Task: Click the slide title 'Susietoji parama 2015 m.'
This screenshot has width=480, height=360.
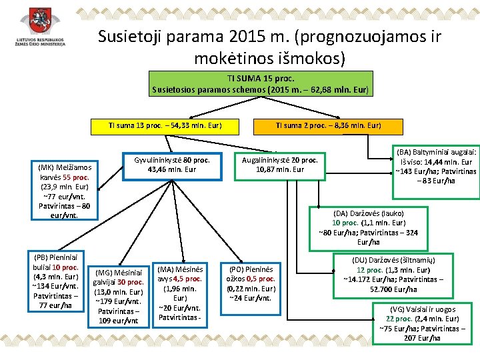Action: pyautogui.click(x=269, y=37)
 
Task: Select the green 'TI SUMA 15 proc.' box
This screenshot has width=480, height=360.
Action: pyautogui.click(x=259, y=83)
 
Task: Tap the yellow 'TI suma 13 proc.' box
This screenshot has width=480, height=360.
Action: pyautogui.click(x=165, y=125)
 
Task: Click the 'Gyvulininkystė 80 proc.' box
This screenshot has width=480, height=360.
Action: pyautogui.click(x=171, y=165)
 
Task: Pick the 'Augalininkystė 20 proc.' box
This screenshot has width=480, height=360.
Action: pyautogui.click(x=280, y=165)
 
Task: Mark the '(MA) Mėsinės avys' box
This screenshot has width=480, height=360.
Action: pyautogui.click(x=180, y=292)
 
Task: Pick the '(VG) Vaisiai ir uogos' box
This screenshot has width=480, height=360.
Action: pyautogui.click(x=423, y=323)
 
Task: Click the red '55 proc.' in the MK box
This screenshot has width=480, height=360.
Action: pyautogui.click(x=81, y=177)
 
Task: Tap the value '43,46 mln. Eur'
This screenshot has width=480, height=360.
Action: pyautogui.click(x=172, y=169)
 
